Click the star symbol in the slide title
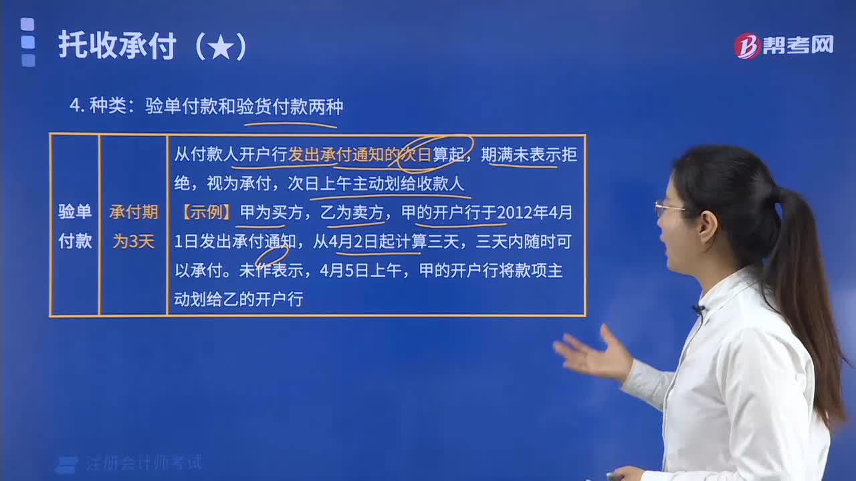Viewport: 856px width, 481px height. click(x=221, y=47)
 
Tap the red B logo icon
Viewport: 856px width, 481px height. click(x=746, y=45)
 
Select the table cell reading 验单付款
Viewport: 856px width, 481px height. click(x=74, y=226)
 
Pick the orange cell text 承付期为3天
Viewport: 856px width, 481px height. click(x=133, y=226)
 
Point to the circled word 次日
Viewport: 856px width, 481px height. click(x=416, y=155)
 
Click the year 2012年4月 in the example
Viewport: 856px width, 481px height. click(x=536, y=212)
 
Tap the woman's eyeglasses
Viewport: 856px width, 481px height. click(x=669, y=209)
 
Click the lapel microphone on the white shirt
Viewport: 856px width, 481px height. click(x=698, y=309)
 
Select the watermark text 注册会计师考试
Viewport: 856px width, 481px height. click(x=144, y=463)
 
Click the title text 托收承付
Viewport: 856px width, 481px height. click(x=117, y=46)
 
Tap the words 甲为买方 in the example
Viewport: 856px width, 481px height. click(x=271, y=212)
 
